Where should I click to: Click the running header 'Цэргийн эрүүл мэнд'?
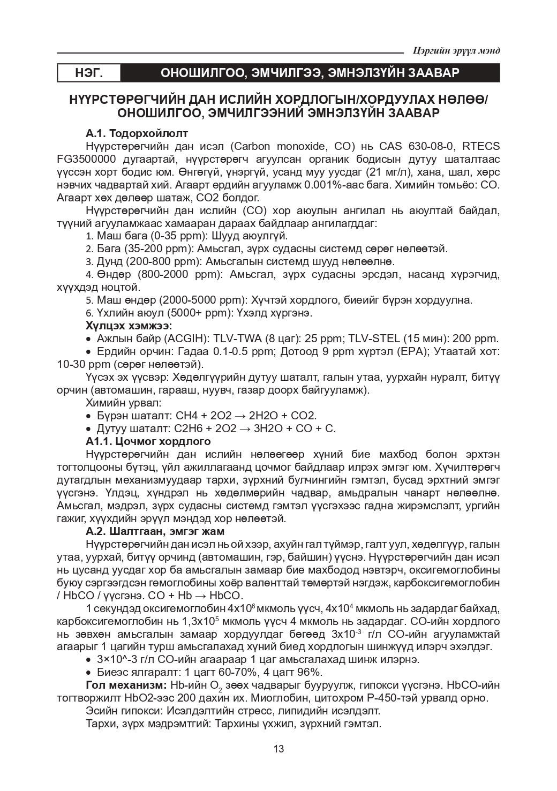pyautogui.click(x=457, y=50)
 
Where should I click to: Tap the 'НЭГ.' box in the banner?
pyautogui.click(x=88, y=73)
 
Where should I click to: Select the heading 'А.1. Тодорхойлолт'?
pyautogui.click(x=137, y=133)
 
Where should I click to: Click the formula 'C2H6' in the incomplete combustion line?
pyautogui.click(x=186, y=428)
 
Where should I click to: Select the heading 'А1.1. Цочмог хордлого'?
pyautogui.click(x=148, y=441)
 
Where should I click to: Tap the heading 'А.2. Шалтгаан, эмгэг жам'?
pyautogui.click(x=155, y=531)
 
